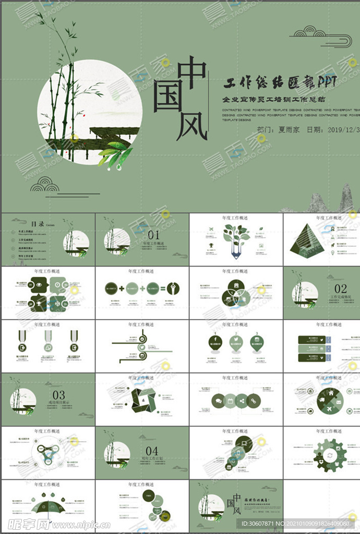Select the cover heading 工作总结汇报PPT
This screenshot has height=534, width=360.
pyautogui.click(x=280, y=82)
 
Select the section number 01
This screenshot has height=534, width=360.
pyautogui.click(x=154, y=235)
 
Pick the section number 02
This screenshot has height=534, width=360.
pyautogui.click(x=340, y=288)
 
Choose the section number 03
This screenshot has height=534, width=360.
pyautogui.click(x=58, y=395)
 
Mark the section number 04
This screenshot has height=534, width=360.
pyautogui.click(x=152, y=450)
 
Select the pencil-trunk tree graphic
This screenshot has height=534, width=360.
pyautogui.click(x=236, y=239)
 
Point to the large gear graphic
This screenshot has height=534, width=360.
pyautogui.click(x=330, y=455)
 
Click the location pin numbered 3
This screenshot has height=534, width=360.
pyautogui.click(x=257, y=342)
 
